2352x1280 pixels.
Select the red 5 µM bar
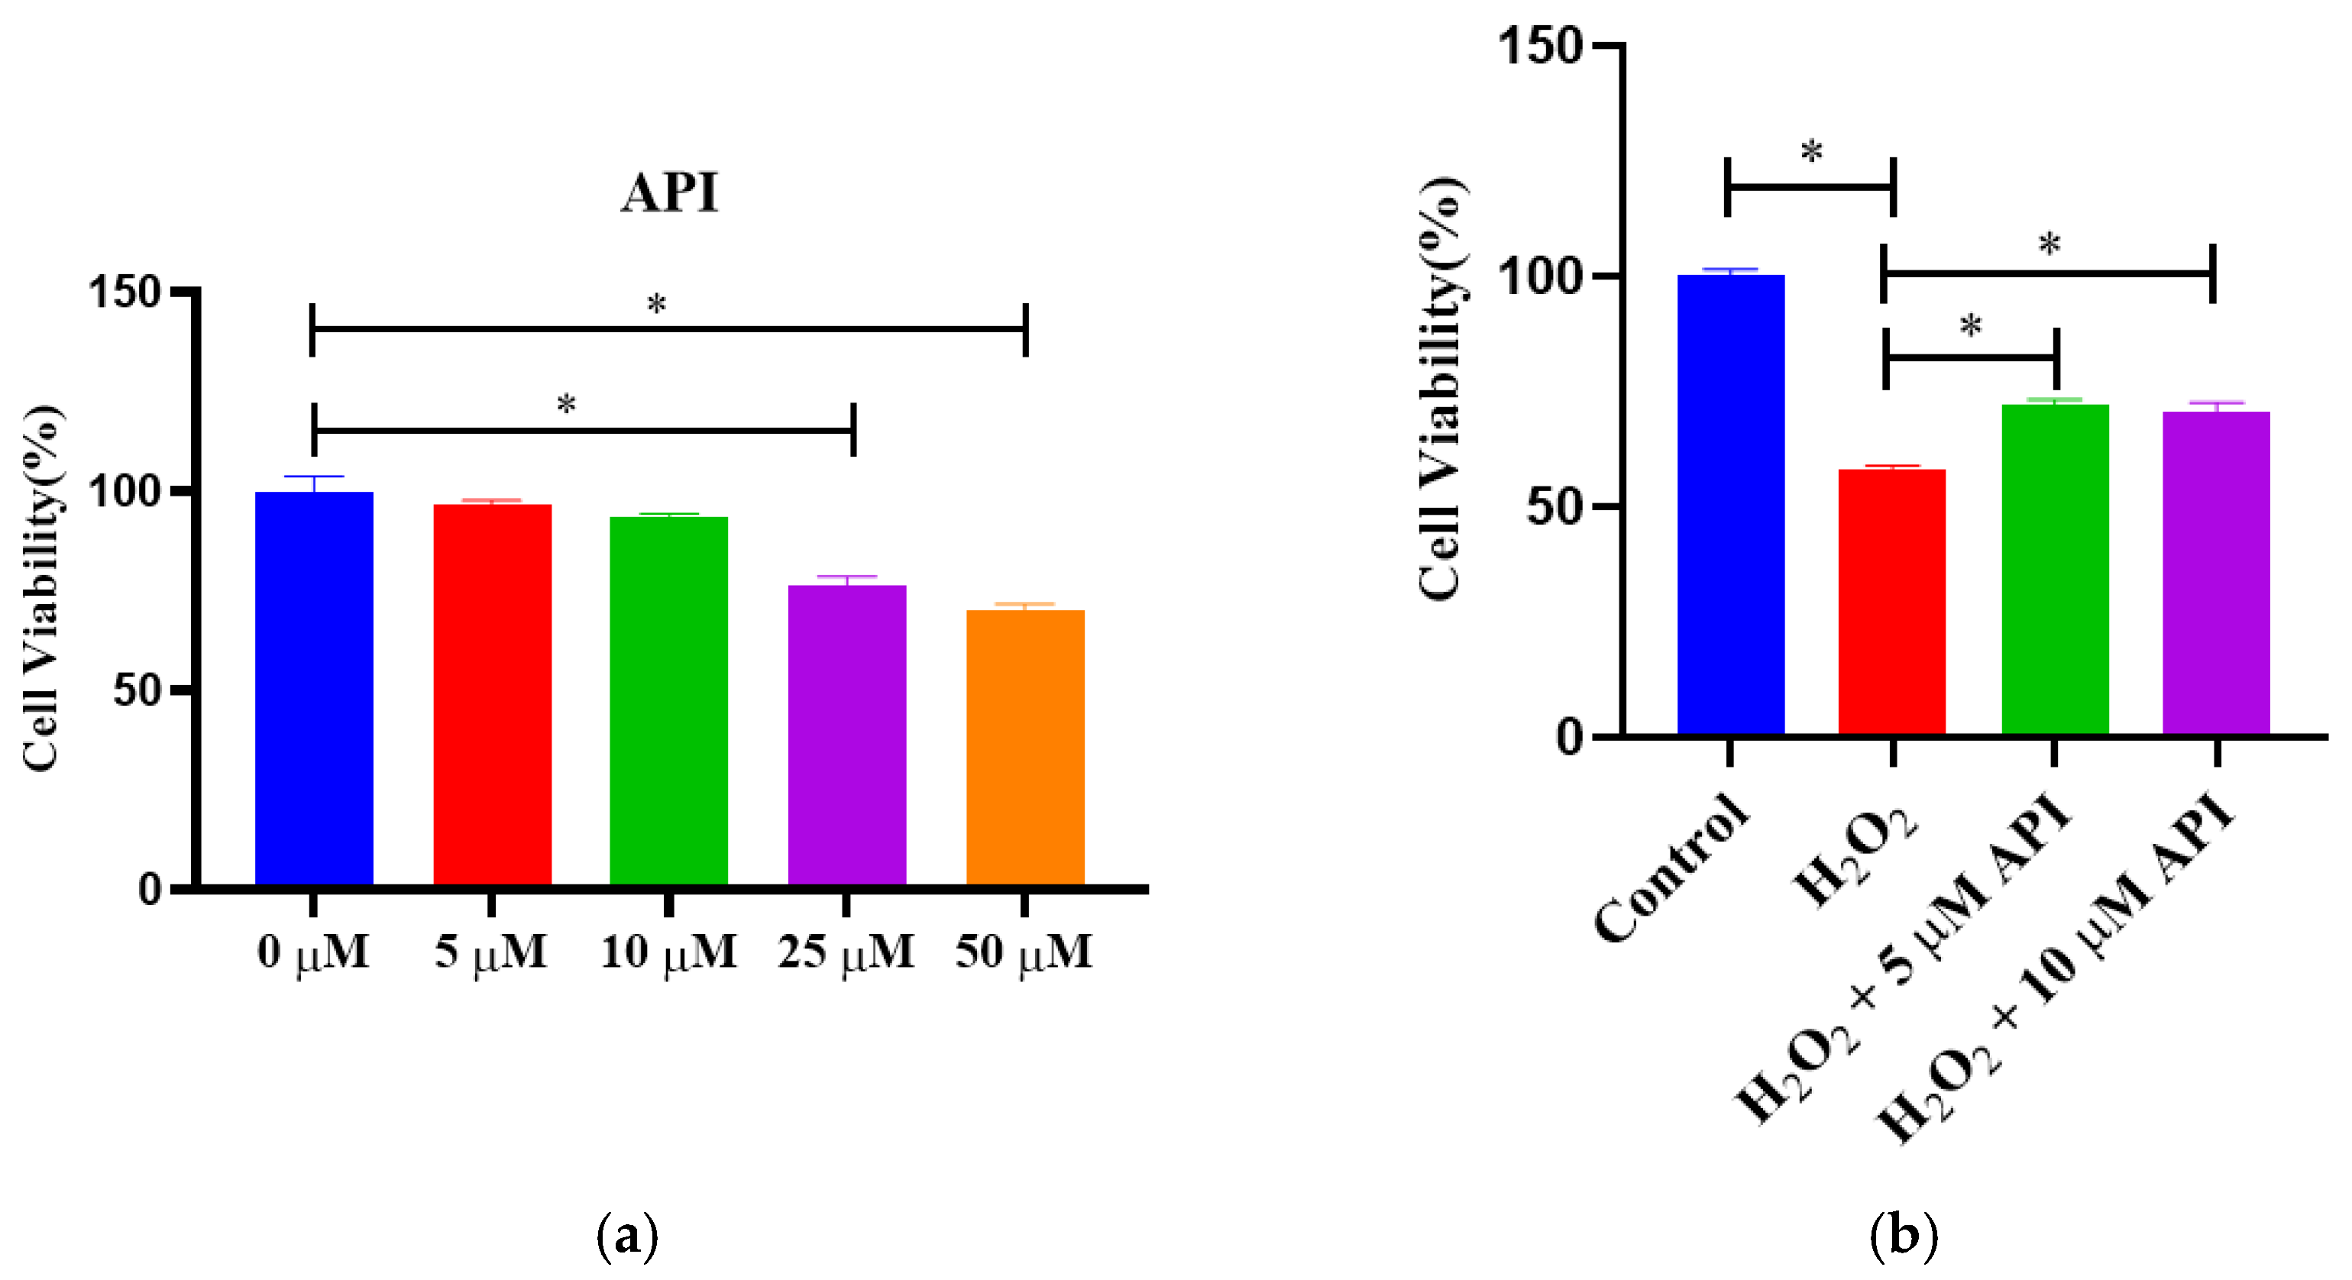click(492, 694)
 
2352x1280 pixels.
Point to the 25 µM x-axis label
click(846, 953)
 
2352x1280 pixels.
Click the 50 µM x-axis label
click(1024, 953)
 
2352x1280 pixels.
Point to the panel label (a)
click(626, 1237)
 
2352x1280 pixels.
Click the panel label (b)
click(1903, 1237)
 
